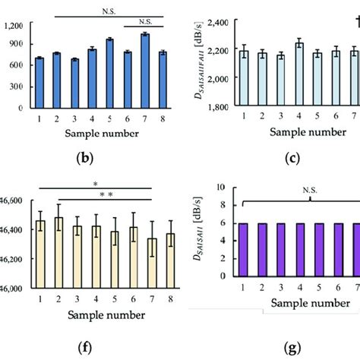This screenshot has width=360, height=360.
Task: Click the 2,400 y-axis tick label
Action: (x=221, y=24)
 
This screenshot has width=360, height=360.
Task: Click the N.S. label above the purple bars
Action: (x=311, y=194)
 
